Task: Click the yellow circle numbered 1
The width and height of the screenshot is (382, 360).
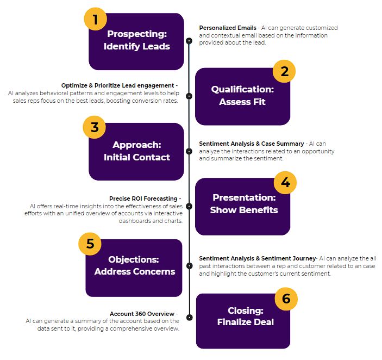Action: (96, 20)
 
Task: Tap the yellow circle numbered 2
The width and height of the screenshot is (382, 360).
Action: (284, 71)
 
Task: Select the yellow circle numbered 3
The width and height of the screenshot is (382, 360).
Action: (95, 128)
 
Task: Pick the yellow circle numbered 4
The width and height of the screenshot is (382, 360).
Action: (285, 183)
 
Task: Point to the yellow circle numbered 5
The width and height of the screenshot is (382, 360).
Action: (90, 244)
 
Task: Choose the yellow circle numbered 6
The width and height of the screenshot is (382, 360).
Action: (286, 299)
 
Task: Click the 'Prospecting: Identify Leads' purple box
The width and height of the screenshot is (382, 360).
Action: (136, 41)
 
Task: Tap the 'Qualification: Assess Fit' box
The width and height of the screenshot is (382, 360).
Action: (242, 96)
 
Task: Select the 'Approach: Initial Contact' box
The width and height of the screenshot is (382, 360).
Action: (136, 151)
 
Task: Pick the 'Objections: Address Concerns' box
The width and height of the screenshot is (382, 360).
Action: (134, 266)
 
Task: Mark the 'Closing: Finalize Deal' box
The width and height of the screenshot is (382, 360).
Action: (243, 317)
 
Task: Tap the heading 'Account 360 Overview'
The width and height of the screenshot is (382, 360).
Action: (142, 314)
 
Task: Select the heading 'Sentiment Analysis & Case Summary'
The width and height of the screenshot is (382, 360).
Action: (251, 144)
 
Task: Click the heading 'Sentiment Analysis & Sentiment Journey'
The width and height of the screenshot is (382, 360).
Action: (257, 258)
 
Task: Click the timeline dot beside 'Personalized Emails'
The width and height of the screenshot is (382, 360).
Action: (189, 41)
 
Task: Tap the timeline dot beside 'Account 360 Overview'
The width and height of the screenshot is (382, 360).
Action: (189, 318)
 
